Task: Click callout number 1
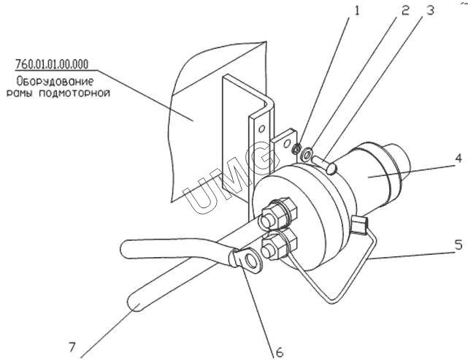pyautogui.click(x=357, y=10)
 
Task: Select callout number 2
pyautogui.click(x=404, y=10)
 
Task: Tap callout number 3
pyautogui.click(x=430, y=10)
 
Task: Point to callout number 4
pyautogui.click(x=459, y=158)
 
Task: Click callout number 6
pyautogui.click(x=279, y=352)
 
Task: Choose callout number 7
pyautogui.click(x=72, y=347)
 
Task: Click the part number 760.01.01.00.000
pyautogui.click(x=52, y=64)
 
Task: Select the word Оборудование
pyautogui.click(x=55, y=81)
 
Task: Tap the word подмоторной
pyautogui.click(x=74, y=93)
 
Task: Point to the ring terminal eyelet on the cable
pyautogui.click(x=250, y=259)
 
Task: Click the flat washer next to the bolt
pyautogui.click(x=307, y=154)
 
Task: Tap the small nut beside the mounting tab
pyautogui.click(x=296, y=148)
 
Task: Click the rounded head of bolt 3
pyautogui.click(x=331, y=169)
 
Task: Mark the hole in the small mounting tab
pyautogui.click(x=287, y=144)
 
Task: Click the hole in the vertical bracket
pyautogui.click(x=262, y=129)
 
